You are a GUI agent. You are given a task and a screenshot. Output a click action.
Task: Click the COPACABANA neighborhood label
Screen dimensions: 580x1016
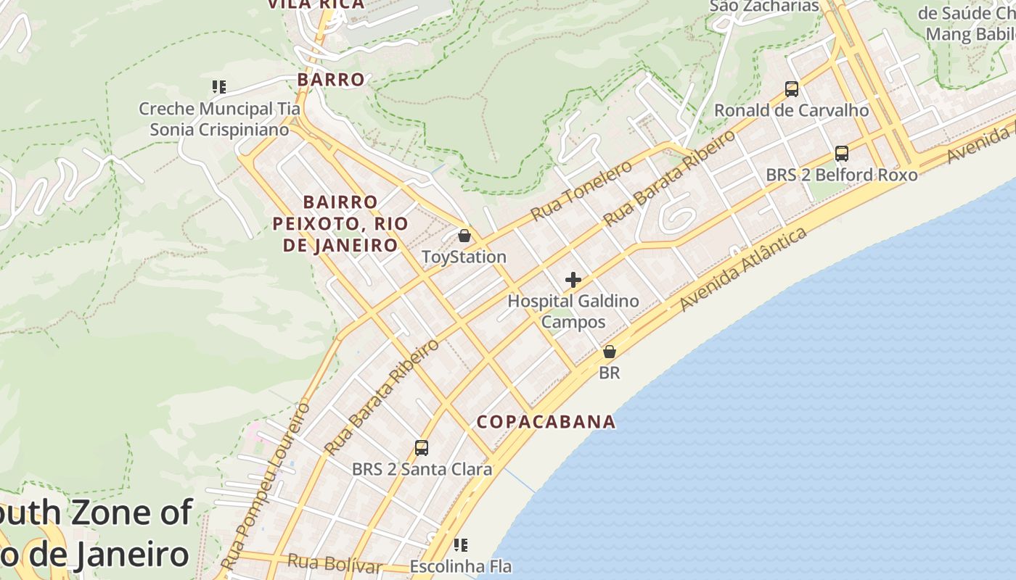pos(546,422)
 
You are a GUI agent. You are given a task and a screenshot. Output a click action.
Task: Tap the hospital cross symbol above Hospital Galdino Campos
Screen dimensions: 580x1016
pos(573,280)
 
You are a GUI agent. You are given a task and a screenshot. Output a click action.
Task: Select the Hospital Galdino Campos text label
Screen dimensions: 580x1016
pos(573,311)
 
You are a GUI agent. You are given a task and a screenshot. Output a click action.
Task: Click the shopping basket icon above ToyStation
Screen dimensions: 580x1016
pos(464,236)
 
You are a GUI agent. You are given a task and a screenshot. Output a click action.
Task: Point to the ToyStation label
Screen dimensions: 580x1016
pos(464,257)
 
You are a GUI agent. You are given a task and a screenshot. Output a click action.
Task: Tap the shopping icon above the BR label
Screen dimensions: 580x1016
pos(610,352)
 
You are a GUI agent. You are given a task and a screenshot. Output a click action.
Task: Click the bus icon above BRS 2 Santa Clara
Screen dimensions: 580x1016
pos(422,448)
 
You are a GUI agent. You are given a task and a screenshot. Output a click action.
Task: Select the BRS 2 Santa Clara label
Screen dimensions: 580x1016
pos(422,470)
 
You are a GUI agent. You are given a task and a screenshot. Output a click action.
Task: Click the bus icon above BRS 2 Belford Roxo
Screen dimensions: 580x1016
pos(842,154)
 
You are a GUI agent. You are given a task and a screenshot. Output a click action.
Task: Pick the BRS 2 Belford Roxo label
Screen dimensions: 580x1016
pos(842,175)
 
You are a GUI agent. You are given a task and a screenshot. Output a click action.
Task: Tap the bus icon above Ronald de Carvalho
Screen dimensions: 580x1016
pos(792,89)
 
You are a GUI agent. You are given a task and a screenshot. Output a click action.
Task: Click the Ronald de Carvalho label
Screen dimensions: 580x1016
pos(792,111)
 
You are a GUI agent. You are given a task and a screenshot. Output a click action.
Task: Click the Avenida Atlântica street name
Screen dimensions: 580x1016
pos(743,270)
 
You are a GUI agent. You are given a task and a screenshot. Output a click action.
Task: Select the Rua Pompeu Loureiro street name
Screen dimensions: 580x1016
pos(266,486)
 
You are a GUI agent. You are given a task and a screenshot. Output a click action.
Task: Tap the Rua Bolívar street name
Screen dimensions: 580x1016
pos(335,563)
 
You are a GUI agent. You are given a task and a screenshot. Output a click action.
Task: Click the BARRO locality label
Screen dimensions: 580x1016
pos(331,80)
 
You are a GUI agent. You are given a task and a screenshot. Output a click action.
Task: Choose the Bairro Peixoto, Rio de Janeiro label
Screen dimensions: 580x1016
pos(340,223)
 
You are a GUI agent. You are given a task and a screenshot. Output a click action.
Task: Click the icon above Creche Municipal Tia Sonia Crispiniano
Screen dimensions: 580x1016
pos(219,87)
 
